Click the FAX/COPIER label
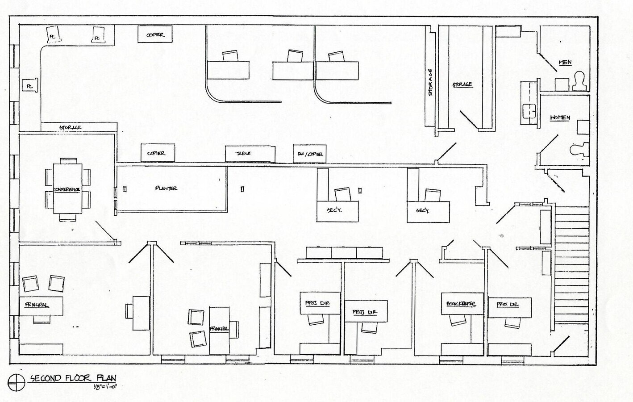point(310,154)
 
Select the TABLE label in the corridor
point(243,153)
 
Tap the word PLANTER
point(166,188)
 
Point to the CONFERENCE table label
point(67,190)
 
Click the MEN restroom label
point(565,63)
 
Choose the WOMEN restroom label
point(560,118)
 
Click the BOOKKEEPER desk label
point(461,304)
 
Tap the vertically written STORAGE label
point(430,82)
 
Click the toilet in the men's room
point(580,82)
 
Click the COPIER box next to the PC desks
point(155,35)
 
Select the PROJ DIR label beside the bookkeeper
point(508,305)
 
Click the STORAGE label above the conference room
point(71,128)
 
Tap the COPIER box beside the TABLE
point(156,153)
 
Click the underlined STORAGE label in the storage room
point(462,84)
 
